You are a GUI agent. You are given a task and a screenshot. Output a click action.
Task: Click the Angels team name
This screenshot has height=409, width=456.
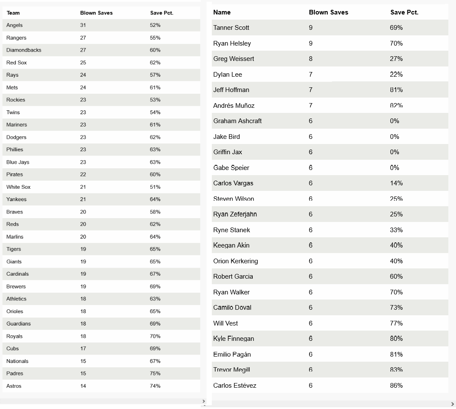tap(14, 25)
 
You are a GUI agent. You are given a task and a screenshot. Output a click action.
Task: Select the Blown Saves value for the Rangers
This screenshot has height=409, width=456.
tap(83, 38)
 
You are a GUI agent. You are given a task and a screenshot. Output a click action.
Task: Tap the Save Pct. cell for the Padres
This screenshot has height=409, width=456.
tap(155, 373)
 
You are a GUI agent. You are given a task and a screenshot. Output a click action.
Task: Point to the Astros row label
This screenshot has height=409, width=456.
tap(14, 386)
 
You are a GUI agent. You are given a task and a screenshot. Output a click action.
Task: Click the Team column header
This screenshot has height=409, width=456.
tap(13, 13)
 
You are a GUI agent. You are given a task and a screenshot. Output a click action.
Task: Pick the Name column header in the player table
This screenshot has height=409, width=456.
tap(222, 12)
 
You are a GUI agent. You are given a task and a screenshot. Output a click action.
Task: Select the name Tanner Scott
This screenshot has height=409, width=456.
tap(231, 28)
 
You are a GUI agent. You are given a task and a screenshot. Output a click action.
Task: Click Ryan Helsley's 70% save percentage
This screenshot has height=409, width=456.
tap(396, 43)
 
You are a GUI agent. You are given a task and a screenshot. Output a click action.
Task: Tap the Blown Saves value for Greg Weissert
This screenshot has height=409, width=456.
tap(311, 59)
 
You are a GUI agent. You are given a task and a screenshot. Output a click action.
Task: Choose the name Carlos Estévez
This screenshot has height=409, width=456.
tap(234, 386)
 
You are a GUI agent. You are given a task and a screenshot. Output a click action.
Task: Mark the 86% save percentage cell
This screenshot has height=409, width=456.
tap(396, 386)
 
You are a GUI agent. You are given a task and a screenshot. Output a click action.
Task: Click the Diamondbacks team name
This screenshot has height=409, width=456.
tap(24, 50)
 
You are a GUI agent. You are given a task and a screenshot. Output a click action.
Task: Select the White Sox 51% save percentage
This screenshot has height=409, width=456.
tap(155, 187)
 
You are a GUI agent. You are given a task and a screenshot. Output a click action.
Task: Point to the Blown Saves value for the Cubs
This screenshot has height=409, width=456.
tap(83, 349)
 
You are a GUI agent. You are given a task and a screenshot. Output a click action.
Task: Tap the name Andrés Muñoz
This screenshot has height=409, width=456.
tap(234, 106)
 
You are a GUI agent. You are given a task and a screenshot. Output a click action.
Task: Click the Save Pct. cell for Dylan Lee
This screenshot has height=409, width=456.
tap(396, 75)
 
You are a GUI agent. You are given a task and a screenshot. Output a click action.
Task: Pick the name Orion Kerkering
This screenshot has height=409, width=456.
tap(235, 261)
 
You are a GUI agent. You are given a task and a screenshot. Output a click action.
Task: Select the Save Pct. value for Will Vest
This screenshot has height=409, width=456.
tap(396, 323)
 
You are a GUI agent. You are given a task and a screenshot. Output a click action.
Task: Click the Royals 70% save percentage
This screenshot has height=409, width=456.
tap(155, 336)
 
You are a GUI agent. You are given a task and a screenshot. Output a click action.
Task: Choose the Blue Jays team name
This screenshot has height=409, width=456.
tap(17, 162)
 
